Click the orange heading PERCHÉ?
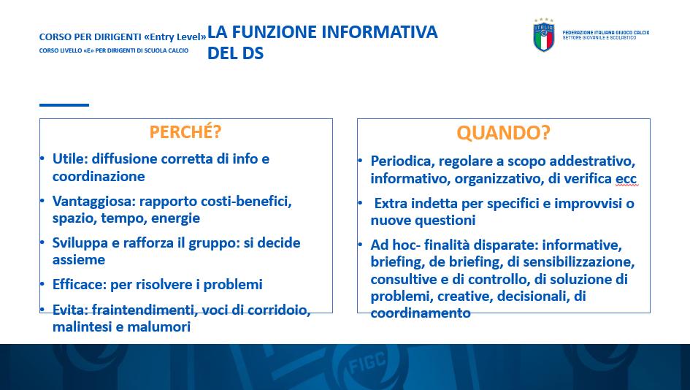(x=185, y=132)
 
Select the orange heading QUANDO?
(x=503, y=132)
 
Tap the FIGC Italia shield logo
(x=544, y=35)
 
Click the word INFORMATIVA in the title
(x=380, y=32)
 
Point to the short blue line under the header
(x=64, y=104)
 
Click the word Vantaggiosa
(x=93, y=201)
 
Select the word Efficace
(x=79, y=284)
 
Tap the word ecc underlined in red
(x=626, y=179)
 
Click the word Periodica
(x=402, y=161)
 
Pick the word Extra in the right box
(x=391, y=203)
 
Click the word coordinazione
(x=99, y=176)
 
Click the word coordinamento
(x=421, y=313)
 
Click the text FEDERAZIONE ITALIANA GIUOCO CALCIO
(x=605, y=33)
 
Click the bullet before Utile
(x=42, y=158)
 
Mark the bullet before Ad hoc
(x=360, y=245)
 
